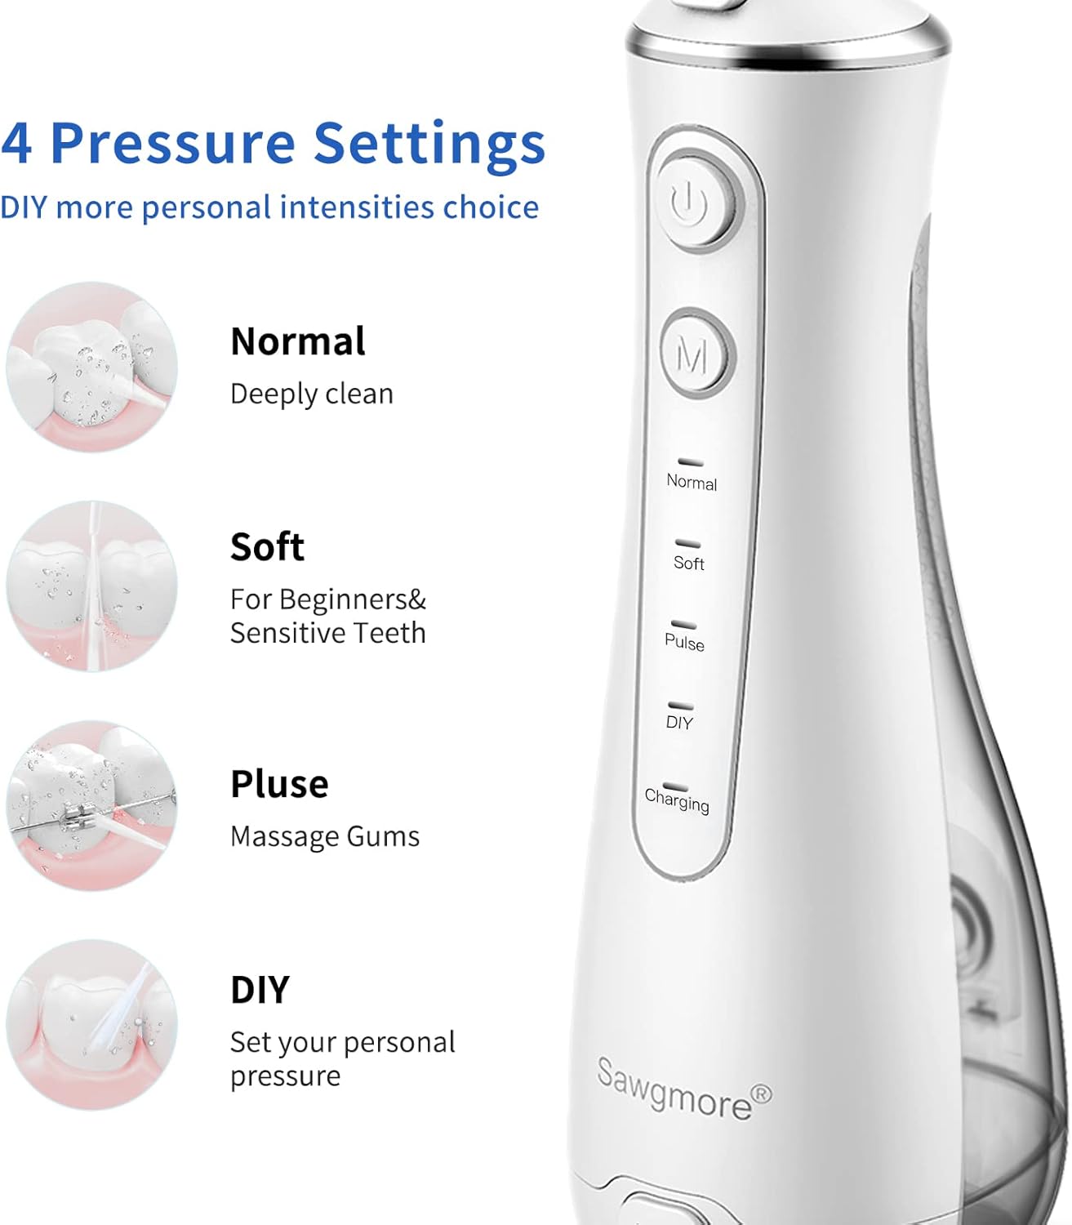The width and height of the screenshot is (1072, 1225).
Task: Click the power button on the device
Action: point(696,203)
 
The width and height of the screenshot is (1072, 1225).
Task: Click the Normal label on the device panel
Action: point(692,482)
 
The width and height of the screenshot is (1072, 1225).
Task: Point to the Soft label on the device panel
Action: point(688,563)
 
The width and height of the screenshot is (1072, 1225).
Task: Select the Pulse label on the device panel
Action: point(684,643)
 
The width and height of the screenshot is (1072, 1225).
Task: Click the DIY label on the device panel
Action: point(678,722)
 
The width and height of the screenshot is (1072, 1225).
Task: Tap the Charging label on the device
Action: point(676,800)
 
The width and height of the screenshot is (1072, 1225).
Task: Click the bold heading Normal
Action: point(297,341)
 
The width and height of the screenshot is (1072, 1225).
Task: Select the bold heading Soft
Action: point(267,546)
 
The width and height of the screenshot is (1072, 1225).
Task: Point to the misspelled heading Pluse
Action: point(279,784)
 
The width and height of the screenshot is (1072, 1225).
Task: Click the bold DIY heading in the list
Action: point(260,990)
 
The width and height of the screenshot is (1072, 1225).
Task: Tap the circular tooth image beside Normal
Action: point(91,367)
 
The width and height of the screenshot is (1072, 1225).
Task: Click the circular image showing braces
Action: point(91,805)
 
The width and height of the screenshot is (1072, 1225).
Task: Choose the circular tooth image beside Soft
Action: point(91,586)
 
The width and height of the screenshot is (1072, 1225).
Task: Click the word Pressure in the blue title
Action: point(173,143)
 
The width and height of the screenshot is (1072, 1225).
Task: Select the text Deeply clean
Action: point(312,394)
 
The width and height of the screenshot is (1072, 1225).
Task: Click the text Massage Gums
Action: point(325,836)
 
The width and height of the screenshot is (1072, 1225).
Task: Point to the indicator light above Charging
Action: point(674,786)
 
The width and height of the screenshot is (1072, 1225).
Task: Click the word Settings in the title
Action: point(429,144)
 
